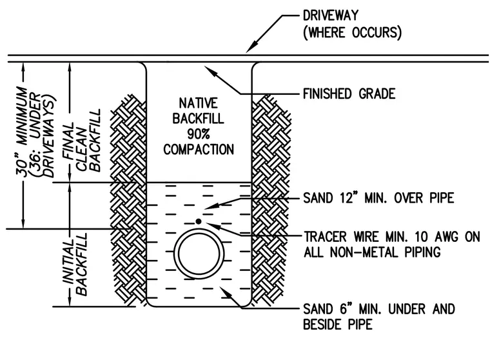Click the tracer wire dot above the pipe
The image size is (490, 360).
[x=199, y=221]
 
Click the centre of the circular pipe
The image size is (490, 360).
[x=199, y=254]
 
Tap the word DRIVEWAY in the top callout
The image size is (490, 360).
[x=331, y=15]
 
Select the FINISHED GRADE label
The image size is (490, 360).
[x=349, y=94]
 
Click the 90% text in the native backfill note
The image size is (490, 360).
[x=199, y=134]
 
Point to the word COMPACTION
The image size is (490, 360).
[x=199, y=149]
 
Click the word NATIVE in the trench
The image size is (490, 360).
[x=198, y=103]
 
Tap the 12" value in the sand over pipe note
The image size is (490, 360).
[x=348, y=197]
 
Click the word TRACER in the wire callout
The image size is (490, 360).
[x=326, y=237]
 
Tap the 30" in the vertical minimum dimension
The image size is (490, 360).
[x=22, y=168]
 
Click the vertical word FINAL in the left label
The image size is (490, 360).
[x=68, y=141]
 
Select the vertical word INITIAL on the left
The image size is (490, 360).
[x=68, y=262]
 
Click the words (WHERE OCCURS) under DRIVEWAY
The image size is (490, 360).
[x=352, y=32]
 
